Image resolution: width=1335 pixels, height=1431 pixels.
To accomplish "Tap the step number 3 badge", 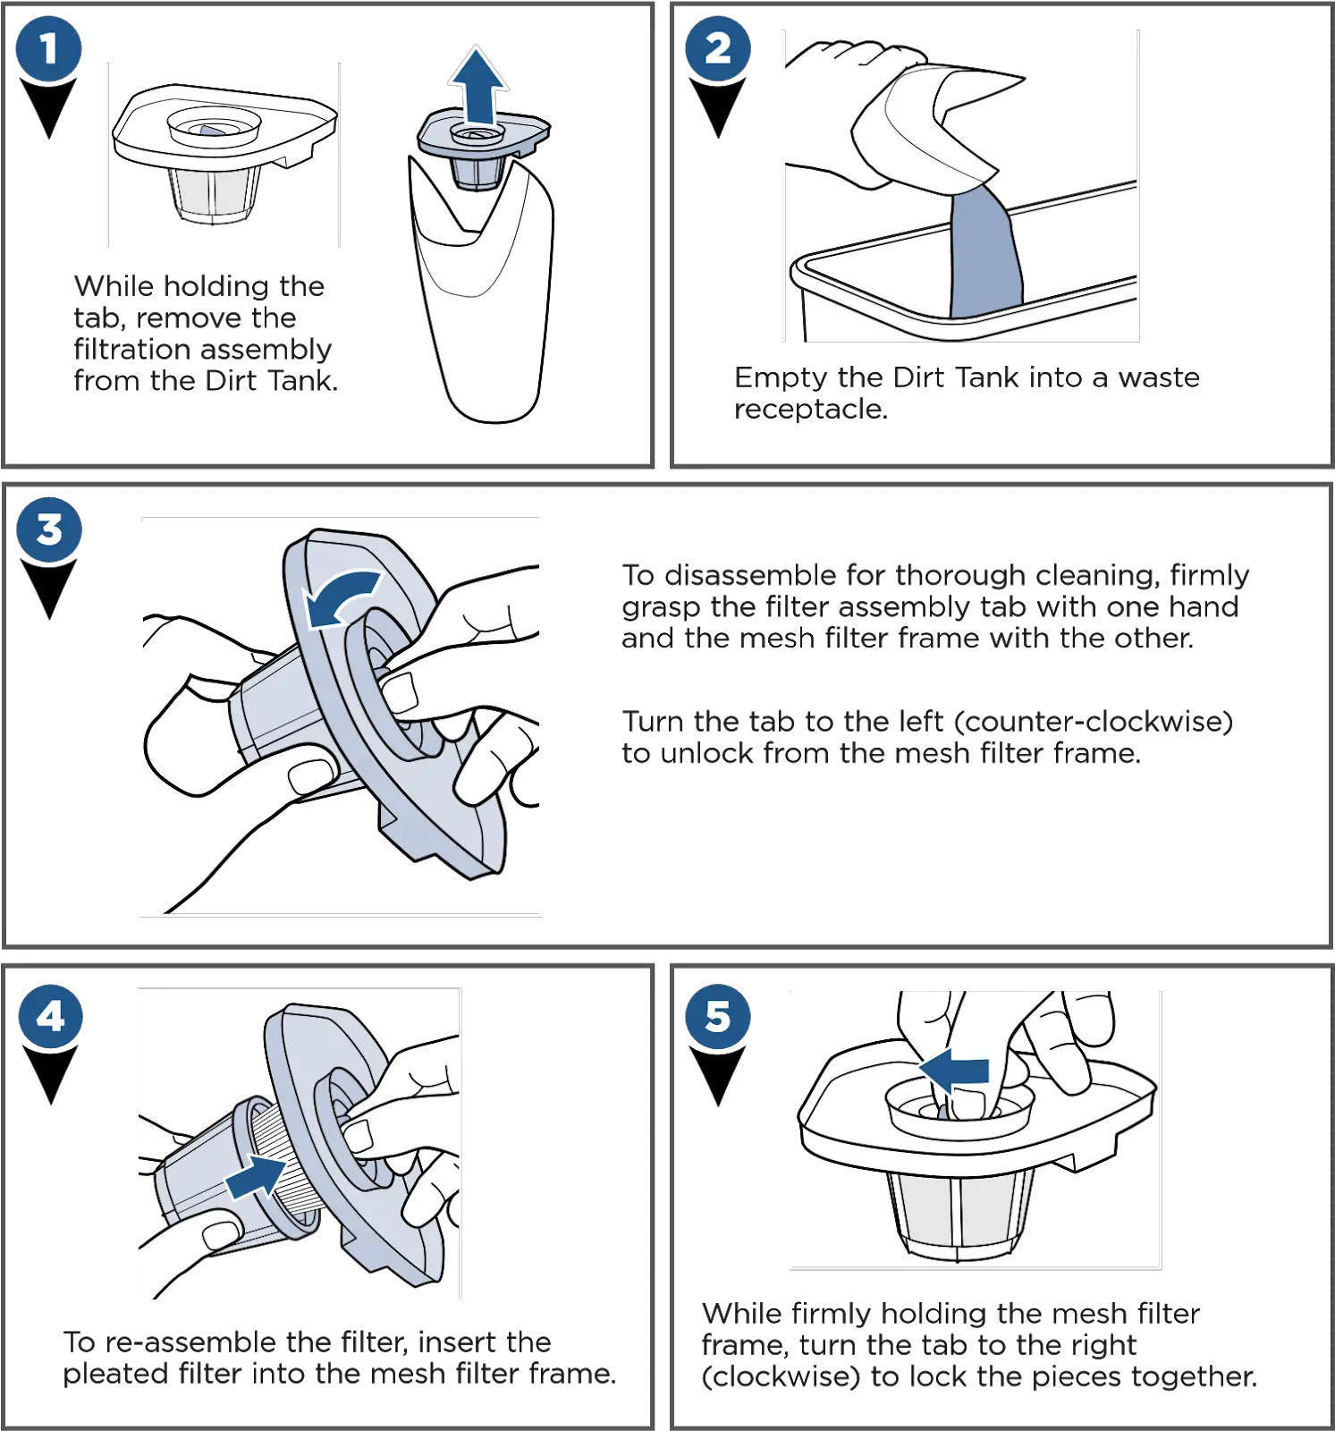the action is click(49, 529).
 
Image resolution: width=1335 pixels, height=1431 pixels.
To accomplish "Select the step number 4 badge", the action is click(50, 1017).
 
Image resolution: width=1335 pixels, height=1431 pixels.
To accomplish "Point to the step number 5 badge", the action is click(718, 1017).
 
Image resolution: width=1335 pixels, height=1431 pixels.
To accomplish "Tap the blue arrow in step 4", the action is click(256, 1174).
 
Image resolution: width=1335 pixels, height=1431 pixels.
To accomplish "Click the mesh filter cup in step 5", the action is click(961, 1216).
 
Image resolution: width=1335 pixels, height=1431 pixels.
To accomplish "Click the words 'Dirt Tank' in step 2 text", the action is click(957, 380).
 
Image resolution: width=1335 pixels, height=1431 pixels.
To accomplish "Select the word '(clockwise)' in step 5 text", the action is click(782, 1376).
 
